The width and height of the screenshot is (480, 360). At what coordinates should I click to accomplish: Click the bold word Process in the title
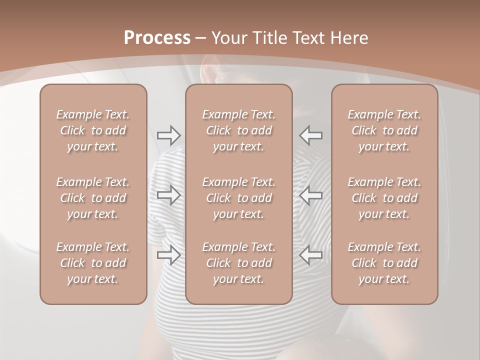[x=157, y=38]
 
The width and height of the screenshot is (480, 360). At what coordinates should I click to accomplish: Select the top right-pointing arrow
[x=169, y=135]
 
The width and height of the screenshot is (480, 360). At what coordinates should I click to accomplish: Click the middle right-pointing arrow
[x=169, y=195]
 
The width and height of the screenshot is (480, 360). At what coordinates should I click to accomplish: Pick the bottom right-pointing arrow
[x=169, y=255]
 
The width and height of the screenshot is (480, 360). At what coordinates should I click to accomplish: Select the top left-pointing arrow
[x=310, y=135]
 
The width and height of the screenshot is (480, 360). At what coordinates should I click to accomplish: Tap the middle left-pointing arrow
[x=310, y=195]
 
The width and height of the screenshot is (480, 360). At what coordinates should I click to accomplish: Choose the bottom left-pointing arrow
[x=310, y=255]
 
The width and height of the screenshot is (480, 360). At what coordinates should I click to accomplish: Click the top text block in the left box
[x=93, y=130]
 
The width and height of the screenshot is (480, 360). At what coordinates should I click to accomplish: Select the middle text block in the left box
[x=93, y=198]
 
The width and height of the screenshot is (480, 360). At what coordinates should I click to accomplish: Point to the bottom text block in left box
[x=93, y=263]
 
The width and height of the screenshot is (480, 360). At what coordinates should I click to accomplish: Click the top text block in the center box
[x=238, y=130]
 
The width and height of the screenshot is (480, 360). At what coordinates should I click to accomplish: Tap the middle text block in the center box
[x=238, y=198]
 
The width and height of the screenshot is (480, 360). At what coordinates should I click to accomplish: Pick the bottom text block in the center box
[x=238, y=263]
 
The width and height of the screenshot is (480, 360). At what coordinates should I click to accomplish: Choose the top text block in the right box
[x=384, y=130]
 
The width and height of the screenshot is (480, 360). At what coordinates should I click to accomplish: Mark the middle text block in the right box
[x=384, y=198]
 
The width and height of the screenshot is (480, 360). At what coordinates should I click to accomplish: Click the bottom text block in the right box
[x=384, y=263]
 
